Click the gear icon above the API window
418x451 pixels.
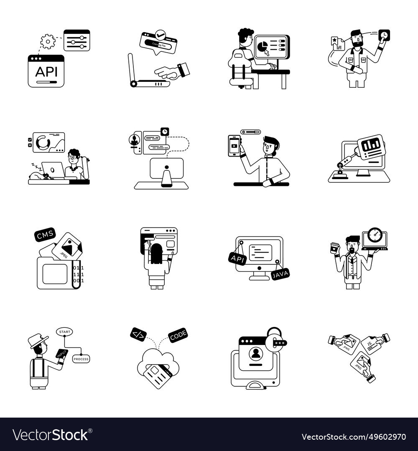click(x=48, y=41)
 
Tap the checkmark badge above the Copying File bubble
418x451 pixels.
click(x=160, y=35)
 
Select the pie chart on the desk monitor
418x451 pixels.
click(x=262, y=47)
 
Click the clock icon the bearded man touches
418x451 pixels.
click(x=384, y=35)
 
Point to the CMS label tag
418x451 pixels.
click(x=45, y=236)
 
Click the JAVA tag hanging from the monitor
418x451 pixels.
click(x=280, y=274)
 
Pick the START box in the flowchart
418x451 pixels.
click(x=65, y=332)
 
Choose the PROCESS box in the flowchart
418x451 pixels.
click(x=81, y=359)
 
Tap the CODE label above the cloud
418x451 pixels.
click(x=178, y=335)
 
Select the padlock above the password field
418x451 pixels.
click(x=274, y=334)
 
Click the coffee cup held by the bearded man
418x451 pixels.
click(x=334, y=247)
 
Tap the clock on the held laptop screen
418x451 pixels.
click(x=375, y=235)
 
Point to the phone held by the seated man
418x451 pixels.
click(x=234, y=146)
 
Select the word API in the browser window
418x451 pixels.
click(x=46, y=71)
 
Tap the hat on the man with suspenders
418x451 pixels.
click(x=38, y=340)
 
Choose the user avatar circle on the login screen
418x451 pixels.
click(x=255, y=353)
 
